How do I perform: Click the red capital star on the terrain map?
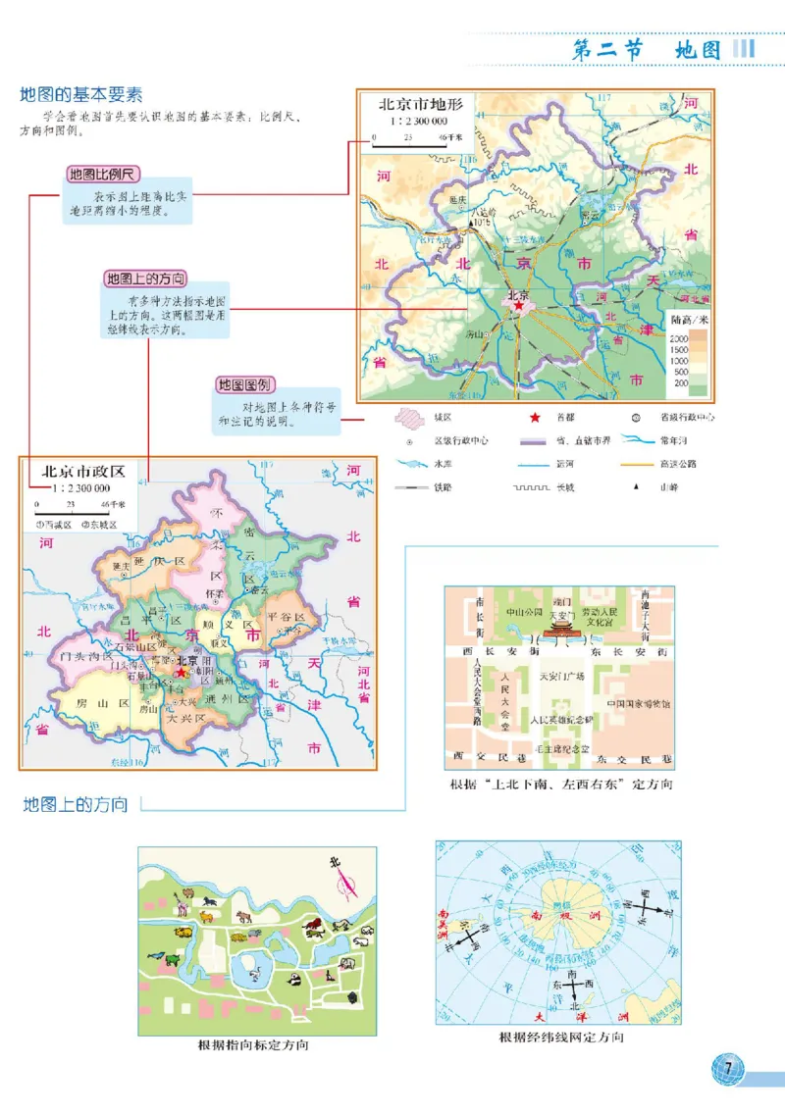517,306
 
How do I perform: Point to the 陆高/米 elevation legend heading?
689,320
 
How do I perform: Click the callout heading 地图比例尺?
102,176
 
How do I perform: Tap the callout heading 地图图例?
244,385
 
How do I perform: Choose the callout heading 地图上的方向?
145,279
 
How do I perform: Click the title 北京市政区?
83,471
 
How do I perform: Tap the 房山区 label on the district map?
96,702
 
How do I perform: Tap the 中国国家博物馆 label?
638,704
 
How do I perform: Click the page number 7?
727,1068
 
